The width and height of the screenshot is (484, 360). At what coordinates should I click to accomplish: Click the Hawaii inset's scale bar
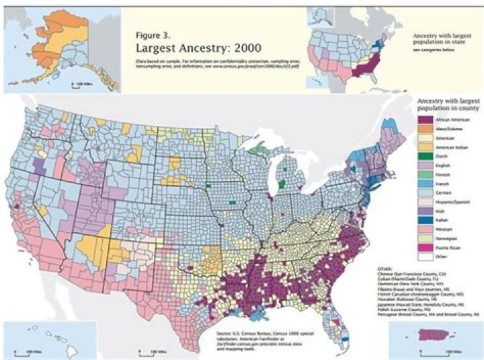(151, 351)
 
